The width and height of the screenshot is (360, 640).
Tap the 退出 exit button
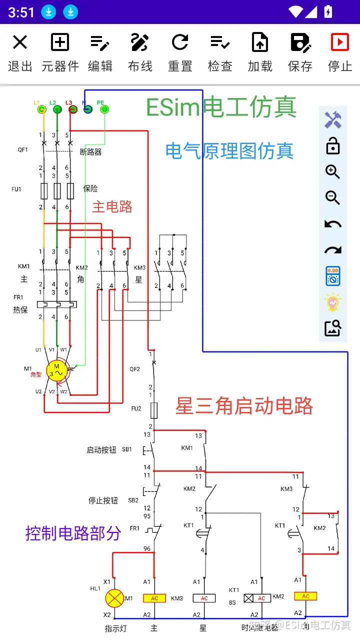click(20, 52)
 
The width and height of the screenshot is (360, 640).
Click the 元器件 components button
click(60, 52)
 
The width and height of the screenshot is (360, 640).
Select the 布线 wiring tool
click(140, 52)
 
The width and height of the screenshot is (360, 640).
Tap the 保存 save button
click(300, 52)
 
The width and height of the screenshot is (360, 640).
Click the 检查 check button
click(220, 52)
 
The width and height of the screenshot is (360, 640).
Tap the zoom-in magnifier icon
click(332, 172)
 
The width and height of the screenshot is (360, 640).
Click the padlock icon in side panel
click(332, 146)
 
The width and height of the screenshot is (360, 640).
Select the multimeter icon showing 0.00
click(332, 276)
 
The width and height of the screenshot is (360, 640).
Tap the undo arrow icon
click(332, 224)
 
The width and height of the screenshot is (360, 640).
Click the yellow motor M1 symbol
click(56, 370)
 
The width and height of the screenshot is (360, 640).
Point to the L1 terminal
click(40, 109)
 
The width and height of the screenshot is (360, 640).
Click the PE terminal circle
click(104, 109)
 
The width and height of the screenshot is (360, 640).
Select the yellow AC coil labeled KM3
click(154, 598)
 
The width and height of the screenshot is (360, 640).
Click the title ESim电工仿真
click(221, 107)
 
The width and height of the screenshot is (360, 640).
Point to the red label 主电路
click(112, 206)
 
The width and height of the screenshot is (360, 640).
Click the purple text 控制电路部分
click(73, 533)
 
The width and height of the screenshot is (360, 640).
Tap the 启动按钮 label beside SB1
click(101, 450)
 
